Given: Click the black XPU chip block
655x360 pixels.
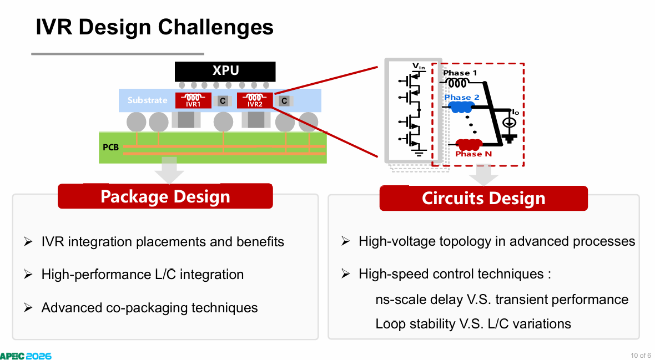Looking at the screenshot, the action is [225, 72].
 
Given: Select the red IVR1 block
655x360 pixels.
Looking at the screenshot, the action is [193, 100].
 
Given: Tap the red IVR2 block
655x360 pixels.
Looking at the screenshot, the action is [255, 100].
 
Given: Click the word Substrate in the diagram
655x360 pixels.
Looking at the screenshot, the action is [147, 100].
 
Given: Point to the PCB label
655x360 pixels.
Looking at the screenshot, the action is [110, 147].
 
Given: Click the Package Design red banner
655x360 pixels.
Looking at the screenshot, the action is [165, 196].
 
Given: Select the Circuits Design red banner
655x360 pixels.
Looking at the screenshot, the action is [483, 199].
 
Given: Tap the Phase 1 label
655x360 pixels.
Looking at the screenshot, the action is [460, 73].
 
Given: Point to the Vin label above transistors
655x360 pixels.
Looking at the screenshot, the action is [419, 66].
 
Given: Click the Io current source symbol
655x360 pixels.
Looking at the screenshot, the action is [509, 123].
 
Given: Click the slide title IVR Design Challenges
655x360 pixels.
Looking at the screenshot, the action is [154, 27].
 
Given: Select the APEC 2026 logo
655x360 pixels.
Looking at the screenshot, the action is [26, 356].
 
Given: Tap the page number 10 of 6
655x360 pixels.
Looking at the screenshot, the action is [641, 356].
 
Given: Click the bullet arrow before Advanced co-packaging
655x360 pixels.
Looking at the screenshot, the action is [28, 308].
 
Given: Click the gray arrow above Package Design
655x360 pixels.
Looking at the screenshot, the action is [169, 170].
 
